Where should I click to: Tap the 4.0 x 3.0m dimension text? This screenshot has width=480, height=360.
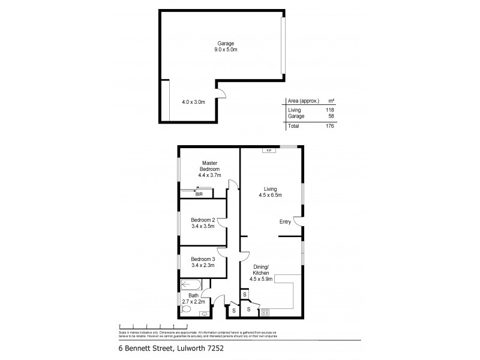[x=194, y=102]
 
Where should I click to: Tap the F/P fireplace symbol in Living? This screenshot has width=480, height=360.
[x=268, y=150]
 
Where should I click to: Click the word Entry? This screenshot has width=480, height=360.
[x=286, y=223]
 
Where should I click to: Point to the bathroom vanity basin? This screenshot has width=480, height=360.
[x=206, y=313]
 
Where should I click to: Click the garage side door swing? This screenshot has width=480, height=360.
[x=221, y=94]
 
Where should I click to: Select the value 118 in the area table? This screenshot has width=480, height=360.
[x=329, y=110]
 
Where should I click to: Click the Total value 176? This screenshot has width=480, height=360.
[x=329, y=127]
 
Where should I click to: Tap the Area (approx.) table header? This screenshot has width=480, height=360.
[x=303, y=101]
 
